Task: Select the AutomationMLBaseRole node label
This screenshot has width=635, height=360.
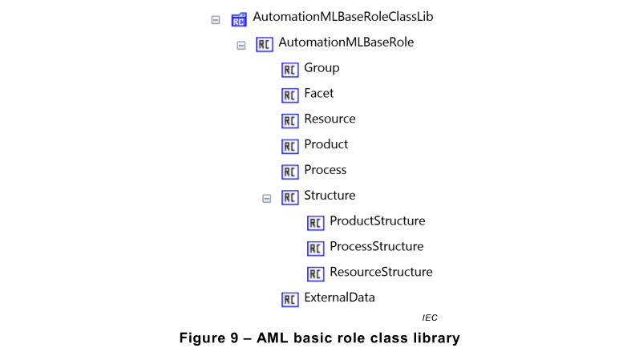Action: click(346, 42)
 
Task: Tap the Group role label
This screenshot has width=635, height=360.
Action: click(322, 68)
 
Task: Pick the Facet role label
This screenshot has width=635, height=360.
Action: click(319, 94)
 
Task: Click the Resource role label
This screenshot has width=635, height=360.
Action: click(330, 119)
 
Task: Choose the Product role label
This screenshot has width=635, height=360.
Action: click(326, 144)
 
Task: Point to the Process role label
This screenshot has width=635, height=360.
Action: click(326, 170)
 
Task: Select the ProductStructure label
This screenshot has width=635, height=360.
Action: click(377, 220)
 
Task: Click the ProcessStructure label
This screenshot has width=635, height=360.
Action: click(376, 246)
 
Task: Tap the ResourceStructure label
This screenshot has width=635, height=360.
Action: click(381, 272)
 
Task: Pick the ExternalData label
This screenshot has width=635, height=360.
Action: click(339, 297)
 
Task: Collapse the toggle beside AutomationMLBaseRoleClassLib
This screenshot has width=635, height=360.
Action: click(216, 19)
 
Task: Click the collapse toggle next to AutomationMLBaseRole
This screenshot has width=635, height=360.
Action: click(241, 45)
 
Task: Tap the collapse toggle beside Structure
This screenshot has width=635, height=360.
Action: click(267, 198)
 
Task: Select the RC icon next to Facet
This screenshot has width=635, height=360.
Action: click(290, 95)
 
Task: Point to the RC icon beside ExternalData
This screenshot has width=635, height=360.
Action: click(290, 300)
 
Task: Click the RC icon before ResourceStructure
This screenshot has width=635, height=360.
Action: click(316, 274)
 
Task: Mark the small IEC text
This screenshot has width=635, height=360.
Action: click(430, 318)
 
